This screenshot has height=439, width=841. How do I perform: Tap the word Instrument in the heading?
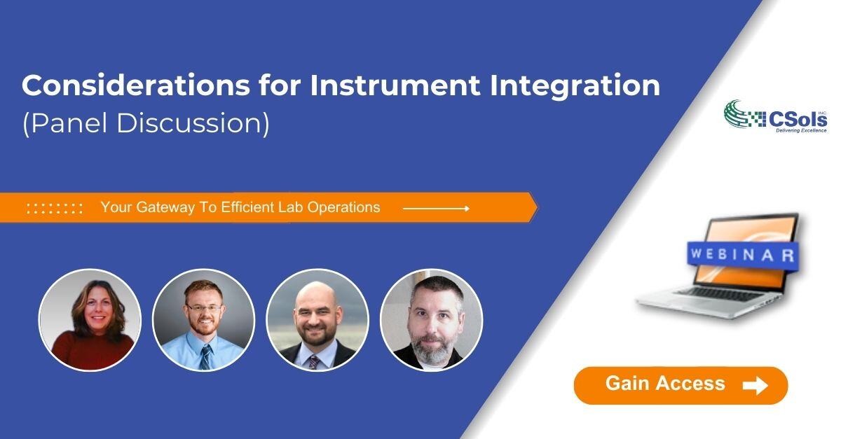coord(395,85)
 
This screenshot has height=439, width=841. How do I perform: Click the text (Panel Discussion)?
coord(146,123)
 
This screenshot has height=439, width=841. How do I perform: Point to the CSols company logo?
coord(775,116)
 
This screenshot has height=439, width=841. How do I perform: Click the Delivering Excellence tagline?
coord(800,130)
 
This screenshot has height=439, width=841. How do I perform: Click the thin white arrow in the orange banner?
coord(436,208)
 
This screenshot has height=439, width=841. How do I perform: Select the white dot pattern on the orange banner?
coord(55,208)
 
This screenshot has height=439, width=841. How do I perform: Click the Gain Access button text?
coord(664,384)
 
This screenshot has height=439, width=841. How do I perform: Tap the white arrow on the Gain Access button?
coord(755,385)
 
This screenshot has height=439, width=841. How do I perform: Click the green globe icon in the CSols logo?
coord(736,113)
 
